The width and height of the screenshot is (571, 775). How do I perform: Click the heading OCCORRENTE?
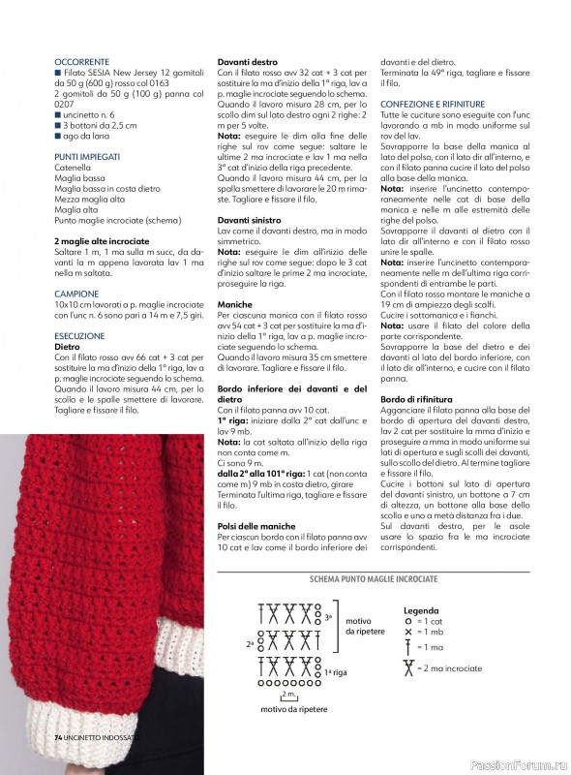[82, 60]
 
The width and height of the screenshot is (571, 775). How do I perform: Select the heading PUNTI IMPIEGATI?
[88, 156]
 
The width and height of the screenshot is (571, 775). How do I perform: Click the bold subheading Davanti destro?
[248, 60]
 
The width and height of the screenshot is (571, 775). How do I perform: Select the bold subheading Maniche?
[234, 302]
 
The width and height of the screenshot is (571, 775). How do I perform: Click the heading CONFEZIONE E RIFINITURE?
[433, 103]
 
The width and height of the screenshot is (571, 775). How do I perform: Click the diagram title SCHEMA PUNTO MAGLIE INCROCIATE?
[375, 578]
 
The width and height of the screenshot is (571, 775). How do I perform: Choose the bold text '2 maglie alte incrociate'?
[102, 238]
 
